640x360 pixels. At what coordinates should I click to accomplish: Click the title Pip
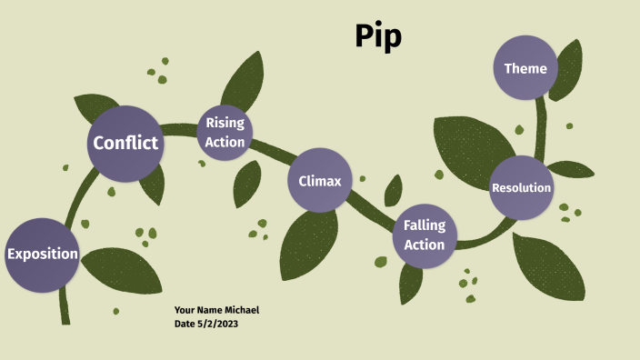[x=378, y=36]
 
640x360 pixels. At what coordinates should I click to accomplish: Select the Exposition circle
[x=42, y=254]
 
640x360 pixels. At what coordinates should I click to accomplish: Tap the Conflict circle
[x=125, y=143]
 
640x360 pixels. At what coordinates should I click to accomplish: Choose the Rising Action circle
[x=225, y=133]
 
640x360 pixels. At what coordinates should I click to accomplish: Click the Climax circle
[x=320, y=181]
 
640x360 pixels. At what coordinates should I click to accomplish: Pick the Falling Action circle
[x=425, y=235]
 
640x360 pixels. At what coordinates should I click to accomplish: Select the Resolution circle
[x=521, y=188]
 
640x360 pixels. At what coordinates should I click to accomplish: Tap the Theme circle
[x=525, y=68]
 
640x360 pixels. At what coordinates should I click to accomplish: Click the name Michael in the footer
[x=241, y=310]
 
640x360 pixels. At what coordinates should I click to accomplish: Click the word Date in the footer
[x=185, y=324]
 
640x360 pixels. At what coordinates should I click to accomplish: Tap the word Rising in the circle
[x=225, y=123]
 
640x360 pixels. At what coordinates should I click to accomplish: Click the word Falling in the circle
[x=425, y=225]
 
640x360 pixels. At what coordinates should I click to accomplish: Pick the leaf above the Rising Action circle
[x=243, y=80]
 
